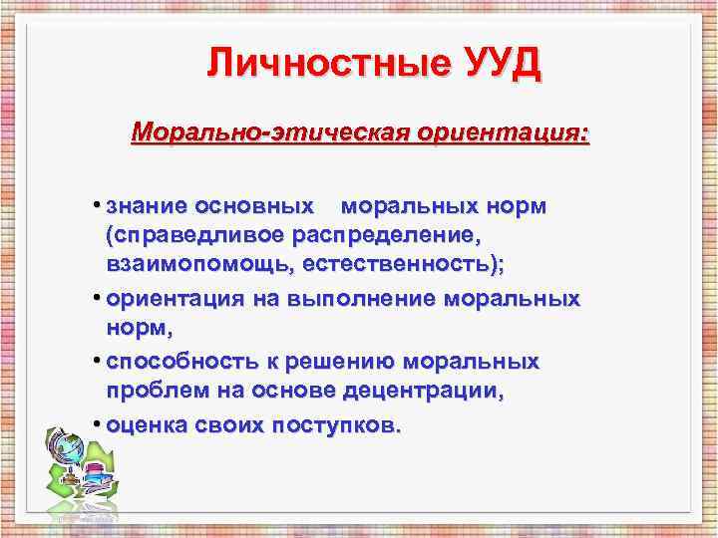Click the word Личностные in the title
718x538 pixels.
click(328, 65)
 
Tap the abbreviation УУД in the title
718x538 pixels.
click(500, 65)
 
